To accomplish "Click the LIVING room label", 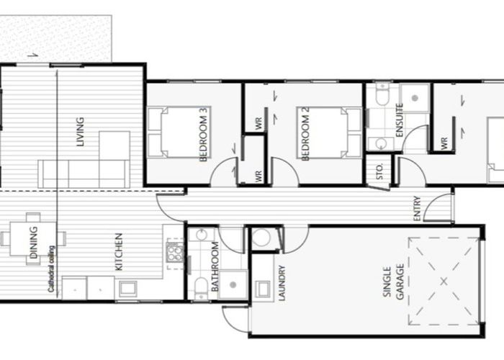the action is [80, 132].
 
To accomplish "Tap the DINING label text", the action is [33, 243].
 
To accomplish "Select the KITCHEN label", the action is [119, 252].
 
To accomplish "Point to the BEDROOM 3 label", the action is [204, 135].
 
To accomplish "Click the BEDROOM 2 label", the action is [305, 134].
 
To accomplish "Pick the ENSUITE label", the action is [400, 120].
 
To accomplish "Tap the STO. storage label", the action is [379, 171].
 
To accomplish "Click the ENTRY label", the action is [417, 209].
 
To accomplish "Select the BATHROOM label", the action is [215, 266].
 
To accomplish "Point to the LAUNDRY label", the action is [282, 283].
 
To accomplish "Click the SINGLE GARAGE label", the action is [393, 282].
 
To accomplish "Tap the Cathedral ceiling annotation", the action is [51, 269].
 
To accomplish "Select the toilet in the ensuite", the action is [382, 94].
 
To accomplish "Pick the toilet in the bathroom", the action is [201, 287].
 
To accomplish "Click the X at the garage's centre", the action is [444, 282].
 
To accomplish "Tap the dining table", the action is [33, 239].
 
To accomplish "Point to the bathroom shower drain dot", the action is [233, 285].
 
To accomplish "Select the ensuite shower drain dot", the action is [415, 98].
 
